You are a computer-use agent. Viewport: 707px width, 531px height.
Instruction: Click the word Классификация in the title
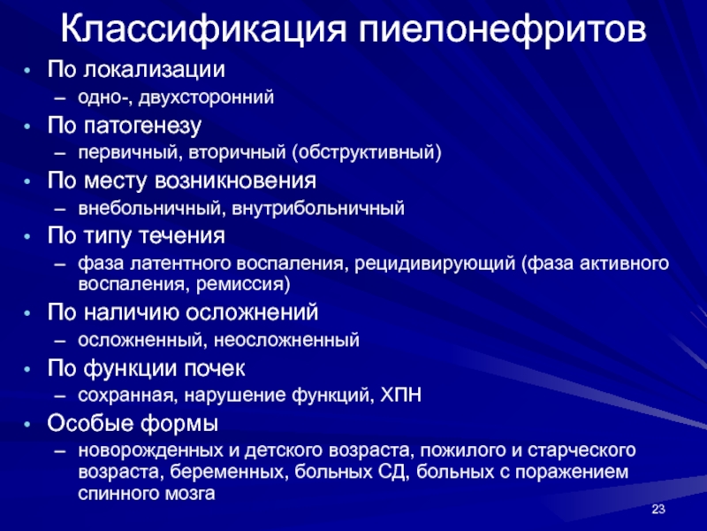tap(204, 30)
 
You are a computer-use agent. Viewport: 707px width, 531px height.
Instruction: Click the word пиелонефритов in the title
tap(502, 30)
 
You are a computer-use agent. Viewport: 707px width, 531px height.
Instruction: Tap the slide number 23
tap(658, 509)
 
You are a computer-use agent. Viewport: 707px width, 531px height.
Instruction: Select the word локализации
tap(154, 70)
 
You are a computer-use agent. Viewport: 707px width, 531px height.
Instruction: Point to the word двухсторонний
tap(206, 97)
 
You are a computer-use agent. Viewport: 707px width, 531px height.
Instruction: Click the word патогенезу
tap(142, 127)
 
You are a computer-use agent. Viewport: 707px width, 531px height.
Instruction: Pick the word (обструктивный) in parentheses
tap(366, 152)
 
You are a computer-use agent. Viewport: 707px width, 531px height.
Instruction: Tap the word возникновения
tap(235, 181)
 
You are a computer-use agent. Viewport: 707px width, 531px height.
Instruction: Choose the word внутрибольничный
tap(318, 209)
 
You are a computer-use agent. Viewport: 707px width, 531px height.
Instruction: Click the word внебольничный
tap(150, 209)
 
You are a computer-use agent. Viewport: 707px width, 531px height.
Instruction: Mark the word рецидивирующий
tap(435, 264)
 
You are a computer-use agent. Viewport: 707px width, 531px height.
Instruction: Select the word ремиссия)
tap(244, 284)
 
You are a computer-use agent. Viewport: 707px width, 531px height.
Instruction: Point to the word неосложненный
tap(286, 340)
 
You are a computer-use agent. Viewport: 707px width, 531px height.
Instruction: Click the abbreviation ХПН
tap(401, 395)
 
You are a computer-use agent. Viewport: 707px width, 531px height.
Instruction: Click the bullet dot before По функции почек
tap(28, 369)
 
